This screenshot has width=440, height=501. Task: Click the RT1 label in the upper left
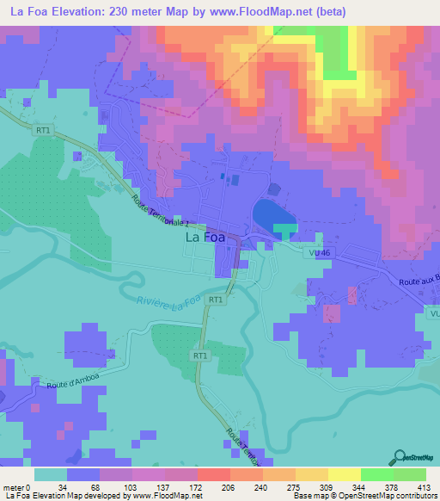tap(42, 130)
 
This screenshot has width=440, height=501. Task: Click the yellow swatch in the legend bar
tap(345, 474)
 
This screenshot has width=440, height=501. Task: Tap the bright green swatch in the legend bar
tap(377, 474)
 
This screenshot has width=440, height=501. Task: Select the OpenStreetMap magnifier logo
tap(401, 458)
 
